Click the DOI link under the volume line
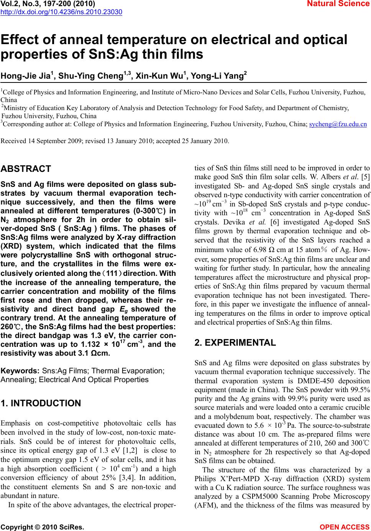(x=61, y=12)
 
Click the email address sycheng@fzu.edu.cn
(x=338, y=124)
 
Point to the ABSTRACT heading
(x=26, y=169)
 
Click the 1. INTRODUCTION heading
(x=41, y=403)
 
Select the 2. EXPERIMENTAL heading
(x=235, y=343)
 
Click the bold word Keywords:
(x=21, y=371)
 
